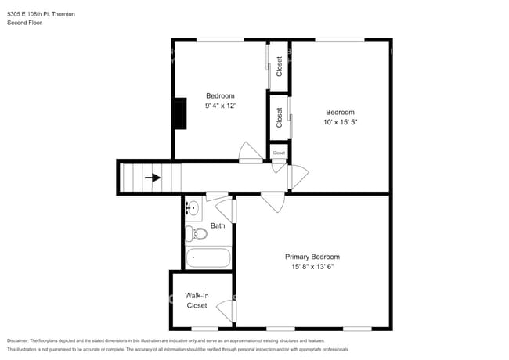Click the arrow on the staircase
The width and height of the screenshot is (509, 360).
click(153, 178)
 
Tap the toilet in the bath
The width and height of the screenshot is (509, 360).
click(199, 233)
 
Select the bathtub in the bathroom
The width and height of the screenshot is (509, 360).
click(209, 257)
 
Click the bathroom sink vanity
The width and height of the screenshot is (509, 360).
click(193, 208)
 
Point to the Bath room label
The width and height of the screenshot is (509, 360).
click(218, 225)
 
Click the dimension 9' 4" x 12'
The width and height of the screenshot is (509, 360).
click(220, 105)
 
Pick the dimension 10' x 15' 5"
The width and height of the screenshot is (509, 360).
click(340, 121)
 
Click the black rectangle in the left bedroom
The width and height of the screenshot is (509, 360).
click(180, 113)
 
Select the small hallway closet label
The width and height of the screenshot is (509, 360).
click(279, 153)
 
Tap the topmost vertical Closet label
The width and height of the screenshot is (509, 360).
click(280, 67)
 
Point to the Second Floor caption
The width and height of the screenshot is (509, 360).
click(24, 23)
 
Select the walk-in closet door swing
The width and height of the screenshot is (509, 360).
click(226, 309)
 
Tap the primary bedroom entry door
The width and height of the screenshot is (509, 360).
click(274, 202)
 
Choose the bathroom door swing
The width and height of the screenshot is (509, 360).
click(226, 209)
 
